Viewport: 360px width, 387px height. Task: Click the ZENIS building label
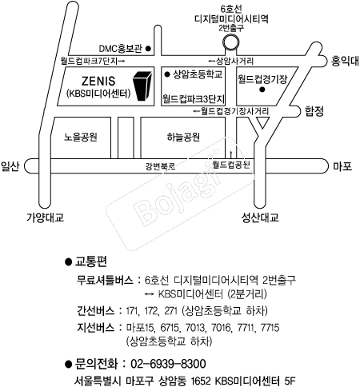(98, 81)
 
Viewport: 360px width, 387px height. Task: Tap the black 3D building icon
(142, 86)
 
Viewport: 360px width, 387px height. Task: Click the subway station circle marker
(231, 42)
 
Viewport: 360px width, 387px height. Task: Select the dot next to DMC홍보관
(148, 49)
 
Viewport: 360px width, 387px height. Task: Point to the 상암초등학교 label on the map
(198, 74)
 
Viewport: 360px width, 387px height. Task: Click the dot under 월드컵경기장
(262, 90)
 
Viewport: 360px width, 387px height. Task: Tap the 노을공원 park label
(81, 137)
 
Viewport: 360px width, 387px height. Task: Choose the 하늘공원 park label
(183, 137)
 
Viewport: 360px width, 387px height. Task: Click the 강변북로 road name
(160, 166)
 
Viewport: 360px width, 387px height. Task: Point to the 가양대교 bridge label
(45, 217)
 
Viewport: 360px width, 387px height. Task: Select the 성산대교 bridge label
(260, 217)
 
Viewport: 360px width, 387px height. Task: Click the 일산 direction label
(10, 166)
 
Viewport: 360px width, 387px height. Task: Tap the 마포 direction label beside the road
(342, 166)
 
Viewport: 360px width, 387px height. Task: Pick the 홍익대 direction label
(345, 61)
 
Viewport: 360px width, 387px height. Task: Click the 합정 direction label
(314, 111)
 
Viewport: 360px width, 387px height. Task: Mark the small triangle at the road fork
(262, 122)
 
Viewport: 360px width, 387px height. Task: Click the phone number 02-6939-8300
(168, 364)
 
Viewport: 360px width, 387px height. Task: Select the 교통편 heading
(91, 261)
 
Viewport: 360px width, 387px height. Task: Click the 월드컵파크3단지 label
(194, 99)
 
